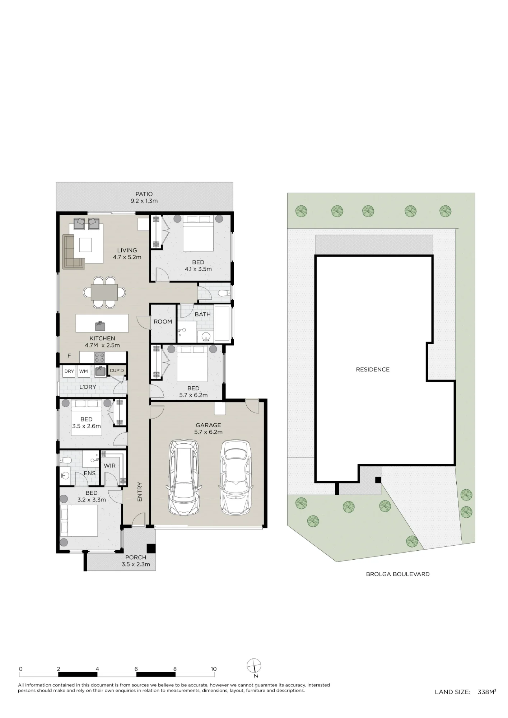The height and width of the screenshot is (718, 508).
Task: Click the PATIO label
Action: point(144,194)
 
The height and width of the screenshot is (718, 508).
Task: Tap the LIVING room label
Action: point(127,250)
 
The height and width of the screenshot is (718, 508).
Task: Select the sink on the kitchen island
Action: point(100,326)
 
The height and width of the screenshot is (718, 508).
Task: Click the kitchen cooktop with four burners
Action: point(99,357)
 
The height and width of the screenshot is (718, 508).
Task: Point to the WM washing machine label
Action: point(84,371)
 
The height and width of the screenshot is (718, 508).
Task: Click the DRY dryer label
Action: point(69,371)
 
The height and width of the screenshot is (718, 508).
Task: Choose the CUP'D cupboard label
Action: point(117,370)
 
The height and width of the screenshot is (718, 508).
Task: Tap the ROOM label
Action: point(163,322)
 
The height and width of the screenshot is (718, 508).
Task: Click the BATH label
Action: point(203,314)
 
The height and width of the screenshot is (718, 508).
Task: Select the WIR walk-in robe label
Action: point(109,466)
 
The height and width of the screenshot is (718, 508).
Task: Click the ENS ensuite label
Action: point(89,473)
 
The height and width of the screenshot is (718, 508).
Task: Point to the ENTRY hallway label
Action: point(140,492)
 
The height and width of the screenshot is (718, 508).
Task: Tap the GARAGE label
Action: point(208,425)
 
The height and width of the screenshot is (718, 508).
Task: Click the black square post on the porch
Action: point(151,549)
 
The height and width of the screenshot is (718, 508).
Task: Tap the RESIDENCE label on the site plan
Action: point(373,369)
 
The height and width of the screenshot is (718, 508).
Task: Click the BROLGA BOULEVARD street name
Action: point(398,574)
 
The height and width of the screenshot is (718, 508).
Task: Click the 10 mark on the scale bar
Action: point(214,669)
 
